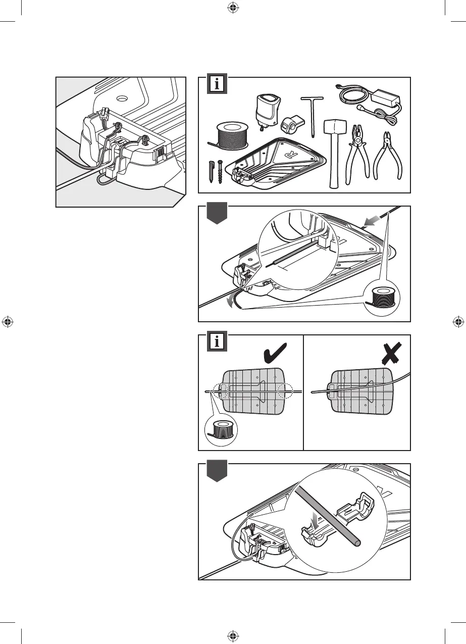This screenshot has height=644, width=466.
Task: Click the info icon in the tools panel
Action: tap(217, 85)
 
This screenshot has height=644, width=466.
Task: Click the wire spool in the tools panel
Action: tap(233, 134)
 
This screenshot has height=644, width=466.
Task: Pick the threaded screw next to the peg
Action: tap(221, 172)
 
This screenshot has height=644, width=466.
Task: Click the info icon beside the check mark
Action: tap(217, 342)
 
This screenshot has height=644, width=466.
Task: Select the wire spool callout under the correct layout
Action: tap(222, 430)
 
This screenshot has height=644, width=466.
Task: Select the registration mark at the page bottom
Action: tap(232, 635)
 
